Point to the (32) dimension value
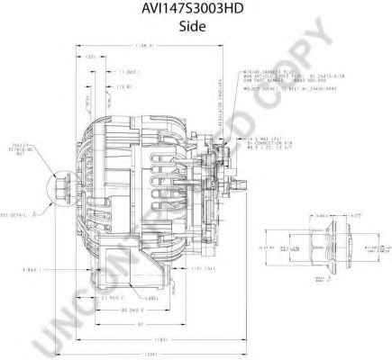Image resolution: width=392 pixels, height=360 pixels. tap(92, 57)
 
